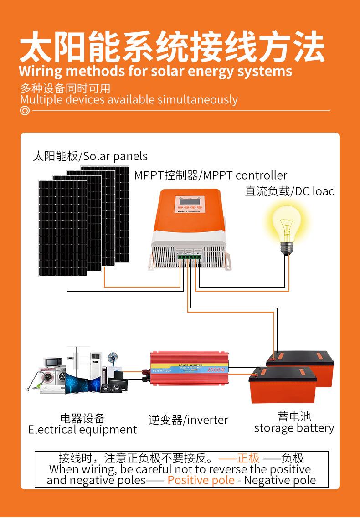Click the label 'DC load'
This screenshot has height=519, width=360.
coord(314,191)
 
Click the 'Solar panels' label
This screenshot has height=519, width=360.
coord(115,156)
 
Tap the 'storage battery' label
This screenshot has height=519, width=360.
coord(294,428)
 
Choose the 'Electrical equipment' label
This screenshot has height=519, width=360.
coord(82,430)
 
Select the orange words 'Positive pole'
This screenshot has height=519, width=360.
coord(201,480)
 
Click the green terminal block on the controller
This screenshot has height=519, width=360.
coord(189,257)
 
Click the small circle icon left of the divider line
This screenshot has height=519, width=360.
coord(25,111)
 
